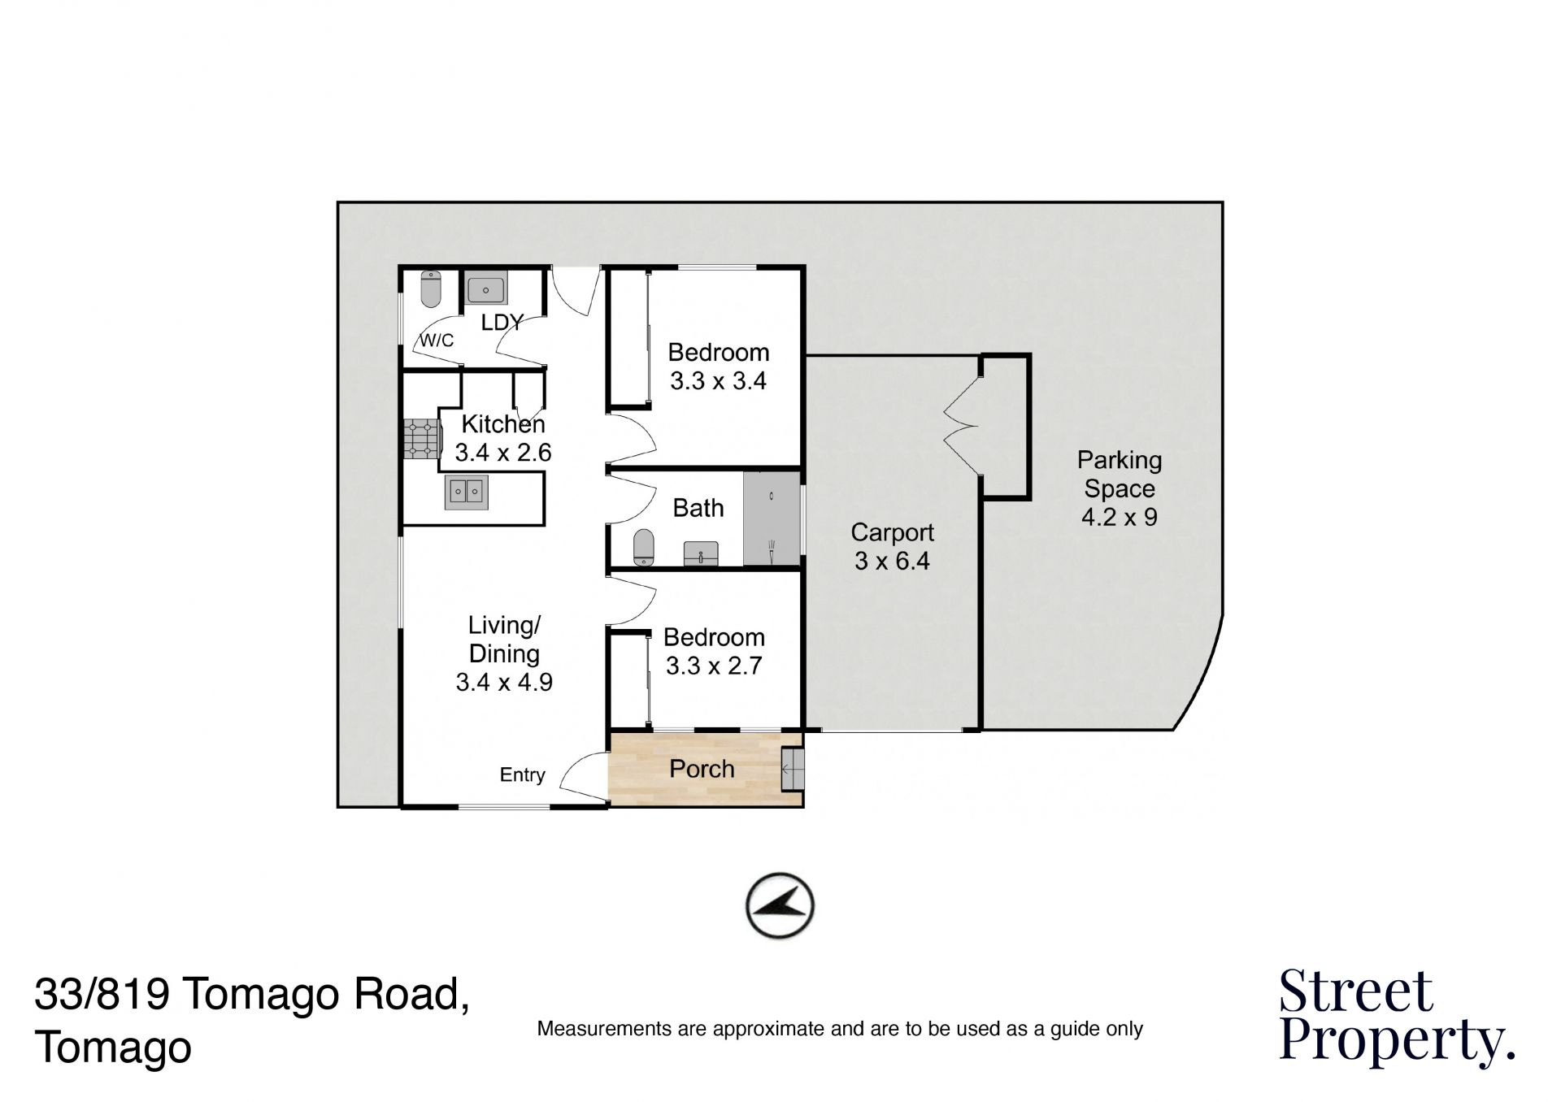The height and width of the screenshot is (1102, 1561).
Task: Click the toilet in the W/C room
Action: click(x=430, y=289)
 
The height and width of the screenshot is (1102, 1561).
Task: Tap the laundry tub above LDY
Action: click(x=486, y=289)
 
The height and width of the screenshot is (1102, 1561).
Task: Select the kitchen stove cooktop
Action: click(x=421, y=440)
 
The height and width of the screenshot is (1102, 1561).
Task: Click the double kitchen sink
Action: click(x=466, y=492)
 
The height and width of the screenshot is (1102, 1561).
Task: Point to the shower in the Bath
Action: click(x=772, y=518)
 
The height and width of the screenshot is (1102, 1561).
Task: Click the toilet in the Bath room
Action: click(x=644, y=547)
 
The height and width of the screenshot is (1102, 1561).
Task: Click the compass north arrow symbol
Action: click(x=780, y=905)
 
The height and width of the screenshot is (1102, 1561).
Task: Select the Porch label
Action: click(x=702, y=769)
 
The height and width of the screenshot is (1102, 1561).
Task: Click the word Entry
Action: click(x=522, y=775)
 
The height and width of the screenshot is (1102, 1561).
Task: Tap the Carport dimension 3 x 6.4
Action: click(x=892, y=561)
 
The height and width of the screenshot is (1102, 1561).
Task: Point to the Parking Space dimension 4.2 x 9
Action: click(x=1119, y=517)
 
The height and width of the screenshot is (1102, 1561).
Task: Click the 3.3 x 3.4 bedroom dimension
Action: click(x=718, y=380)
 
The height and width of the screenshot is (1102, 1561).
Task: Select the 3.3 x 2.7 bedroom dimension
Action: click(x=714, y=666)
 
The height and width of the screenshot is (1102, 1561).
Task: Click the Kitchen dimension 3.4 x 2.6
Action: click(x=503, y=452)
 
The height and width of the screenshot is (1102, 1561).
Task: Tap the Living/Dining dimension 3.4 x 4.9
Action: click(x=504, y=682)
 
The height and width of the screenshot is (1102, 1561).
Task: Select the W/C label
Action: click(x=437, y=340)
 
